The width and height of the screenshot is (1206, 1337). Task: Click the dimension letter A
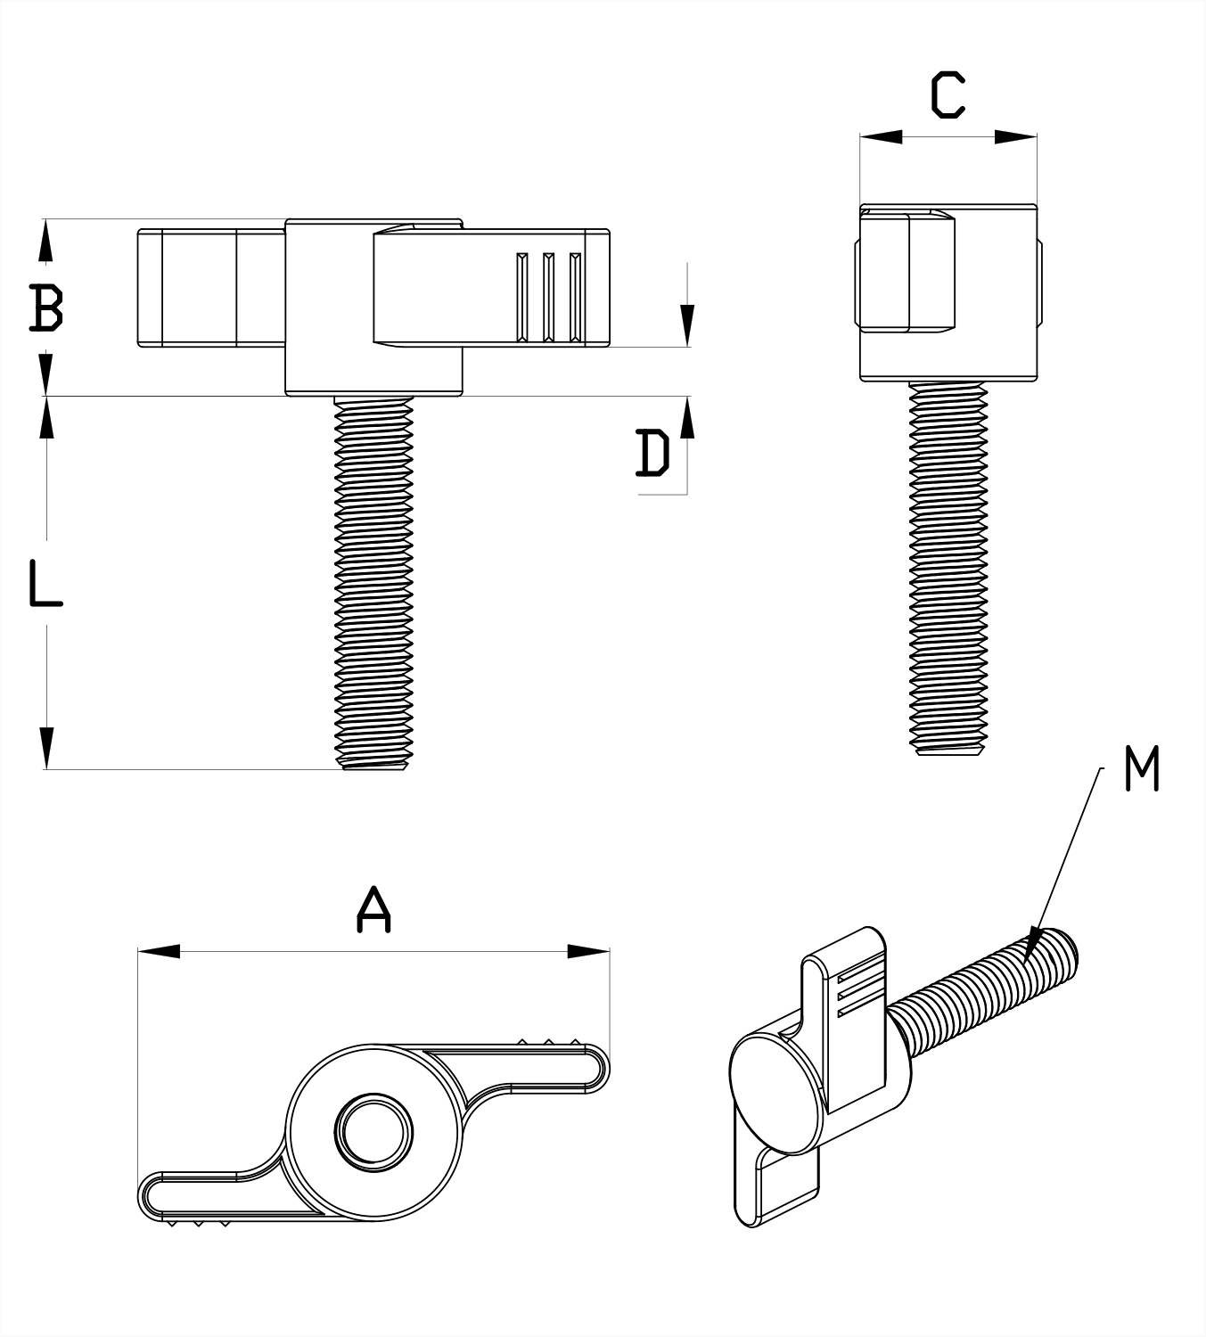pos(373,910)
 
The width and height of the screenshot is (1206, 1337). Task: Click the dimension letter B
pos(45,307)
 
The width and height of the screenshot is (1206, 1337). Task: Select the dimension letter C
pos(948,96)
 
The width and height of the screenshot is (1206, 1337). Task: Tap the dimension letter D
pos(653,453)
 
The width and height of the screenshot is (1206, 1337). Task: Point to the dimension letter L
pos(45,583)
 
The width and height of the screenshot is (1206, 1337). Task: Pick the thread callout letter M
pos(1142,769)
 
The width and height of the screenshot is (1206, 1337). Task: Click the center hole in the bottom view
pos(373,1133)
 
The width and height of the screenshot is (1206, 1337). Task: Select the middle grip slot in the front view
pos(548,297)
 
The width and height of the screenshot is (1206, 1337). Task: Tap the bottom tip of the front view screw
pos(373,767)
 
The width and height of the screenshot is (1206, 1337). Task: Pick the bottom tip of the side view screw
pos(948,753)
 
